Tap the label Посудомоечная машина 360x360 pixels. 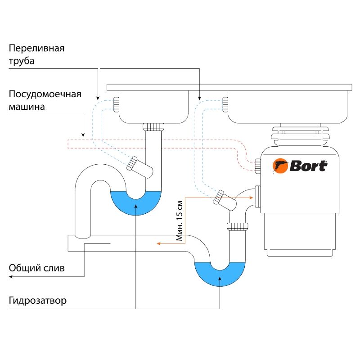45,101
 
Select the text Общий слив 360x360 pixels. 37,269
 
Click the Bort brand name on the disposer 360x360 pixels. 308,166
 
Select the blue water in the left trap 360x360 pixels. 135,203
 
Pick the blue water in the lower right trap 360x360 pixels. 220,273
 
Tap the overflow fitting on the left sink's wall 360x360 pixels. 116,104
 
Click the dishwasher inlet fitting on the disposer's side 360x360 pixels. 257,165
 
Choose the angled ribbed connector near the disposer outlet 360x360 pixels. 219,198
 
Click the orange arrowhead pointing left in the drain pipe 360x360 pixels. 158,243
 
